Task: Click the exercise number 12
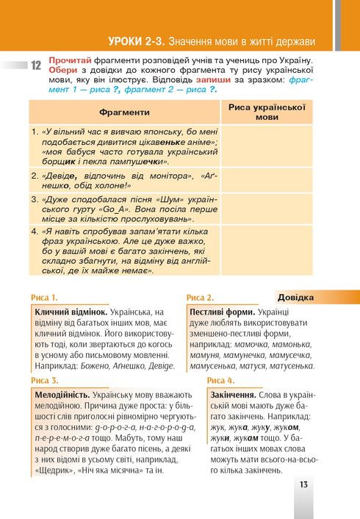pyautogui.click(x=35, y=65)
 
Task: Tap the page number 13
pyautogui.click(x=304, y=484)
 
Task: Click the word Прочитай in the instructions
pyautogui.click(x=71, y=59)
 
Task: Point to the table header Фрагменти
pyautogui.click(x=124, y=112)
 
